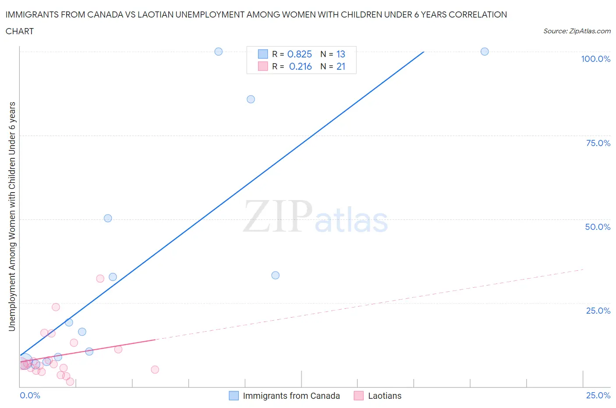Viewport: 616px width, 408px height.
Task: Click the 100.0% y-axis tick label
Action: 595,59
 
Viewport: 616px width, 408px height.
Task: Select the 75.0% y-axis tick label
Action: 598,143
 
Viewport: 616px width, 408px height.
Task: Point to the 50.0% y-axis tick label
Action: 598,227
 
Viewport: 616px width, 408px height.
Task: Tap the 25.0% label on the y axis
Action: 598,311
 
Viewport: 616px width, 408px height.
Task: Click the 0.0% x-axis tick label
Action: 30,395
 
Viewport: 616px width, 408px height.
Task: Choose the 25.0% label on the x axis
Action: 598,395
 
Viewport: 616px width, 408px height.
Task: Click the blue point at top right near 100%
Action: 485,51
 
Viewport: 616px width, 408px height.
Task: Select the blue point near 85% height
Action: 251,99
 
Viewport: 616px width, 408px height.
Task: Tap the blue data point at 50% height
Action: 108,218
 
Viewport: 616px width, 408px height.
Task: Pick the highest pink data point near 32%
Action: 100,278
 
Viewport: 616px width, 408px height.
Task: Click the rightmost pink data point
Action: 155,369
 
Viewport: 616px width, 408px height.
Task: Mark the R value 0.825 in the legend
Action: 300,54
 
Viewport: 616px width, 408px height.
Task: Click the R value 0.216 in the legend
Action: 301,66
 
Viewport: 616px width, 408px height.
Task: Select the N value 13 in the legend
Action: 341,54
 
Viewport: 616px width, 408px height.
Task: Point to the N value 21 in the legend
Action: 341,66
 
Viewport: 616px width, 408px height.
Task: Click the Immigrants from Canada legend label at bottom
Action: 291,396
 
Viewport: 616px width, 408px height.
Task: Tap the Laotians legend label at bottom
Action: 385,396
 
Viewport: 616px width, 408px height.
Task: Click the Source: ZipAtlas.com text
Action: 577,31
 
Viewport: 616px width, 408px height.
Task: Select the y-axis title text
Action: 12,216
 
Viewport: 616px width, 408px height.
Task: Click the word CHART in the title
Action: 20,31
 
